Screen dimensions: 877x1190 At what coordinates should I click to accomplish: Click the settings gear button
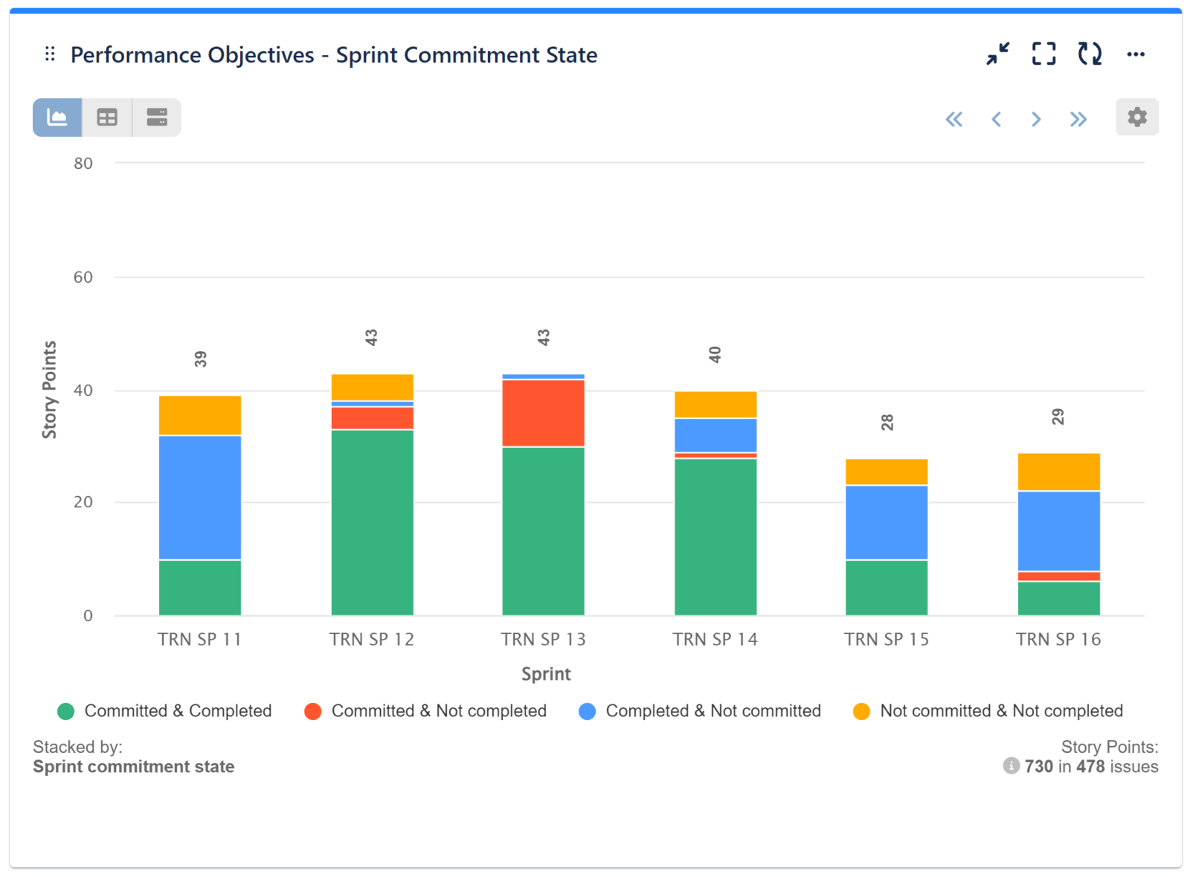pyautogui.click(x=1136, y=117)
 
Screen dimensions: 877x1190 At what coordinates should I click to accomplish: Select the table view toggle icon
pyautogui.click(x=107, y=118)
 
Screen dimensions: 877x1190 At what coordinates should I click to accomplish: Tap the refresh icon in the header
pyautogui.click(x=1090, y=54)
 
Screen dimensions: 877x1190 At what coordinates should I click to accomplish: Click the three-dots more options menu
pyautogui.click(x=1135, y=54)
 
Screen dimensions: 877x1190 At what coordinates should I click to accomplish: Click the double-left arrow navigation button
pyautogui.click(x=953, y=119)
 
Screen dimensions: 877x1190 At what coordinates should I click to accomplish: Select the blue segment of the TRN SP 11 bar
pyautogui.click(x=200, y=497)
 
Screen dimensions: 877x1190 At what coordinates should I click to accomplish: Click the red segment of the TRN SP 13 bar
pyautogui.click(x=543, y=413)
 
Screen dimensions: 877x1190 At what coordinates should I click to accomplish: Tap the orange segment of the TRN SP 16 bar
pyautogui.click(x=1058, y=472)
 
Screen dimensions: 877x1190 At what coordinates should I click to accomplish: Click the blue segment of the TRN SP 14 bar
pyautogui.click(x=715, y=435)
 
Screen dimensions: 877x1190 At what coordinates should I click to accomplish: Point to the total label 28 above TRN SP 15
pyautogui.click(x=887, y=423)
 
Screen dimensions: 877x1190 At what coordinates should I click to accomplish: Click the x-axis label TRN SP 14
pyautogui.click(x=715, y=639)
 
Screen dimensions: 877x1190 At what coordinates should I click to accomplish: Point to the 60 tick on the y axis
pyautogui.click(x=83, y=277)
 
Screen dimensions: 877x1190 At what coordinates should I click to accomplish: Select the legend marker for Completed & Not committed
pyautogui.click(x=587, y=711)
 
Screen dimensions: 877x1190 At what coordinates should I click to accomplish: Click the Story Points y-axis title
pyautogui.click(x=49, y=390)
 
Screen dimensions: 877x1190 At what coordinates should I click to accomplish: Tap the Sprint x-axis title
pyautogui.click(x=546, y=674)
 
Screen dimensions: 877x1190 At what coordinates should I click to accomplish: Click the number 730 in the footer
pyautogui.click(x=1038, y=766)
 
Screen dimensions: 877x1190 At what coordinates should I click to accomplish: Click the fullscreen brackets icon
pyautogui.click(x=1043, y=54)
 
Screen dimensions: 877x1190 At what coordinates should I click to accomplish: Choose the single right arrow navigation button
pyautogui.click(x=1036, y=119)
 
